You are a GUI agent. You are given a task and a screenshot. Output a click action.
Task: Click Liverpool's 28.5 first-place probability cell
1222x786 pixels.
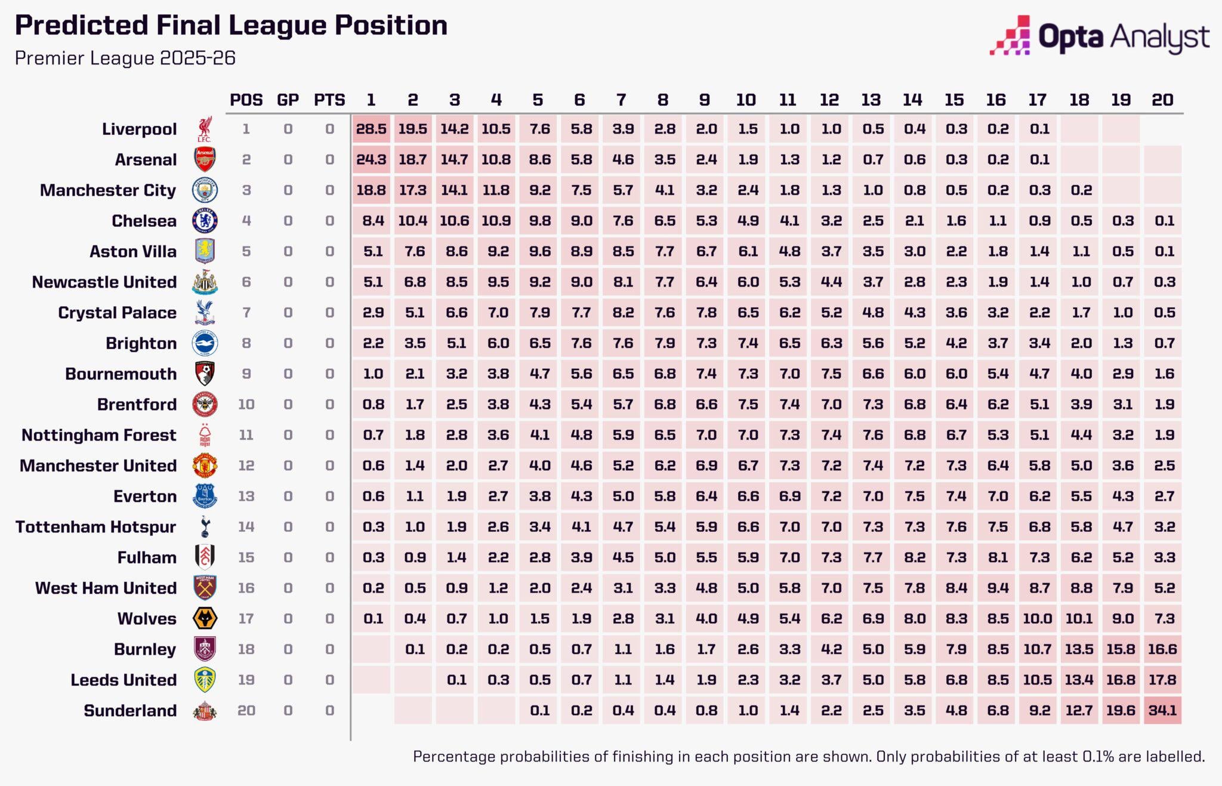click(x=371, y=129)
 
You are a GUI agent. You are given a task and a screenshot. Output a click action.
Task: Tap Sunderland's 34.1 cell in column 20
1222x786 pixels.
click(x=1162, y=710)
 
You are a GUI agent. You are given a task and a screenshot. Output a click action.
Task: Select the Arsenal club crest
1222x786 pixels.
click(x=205, y=159)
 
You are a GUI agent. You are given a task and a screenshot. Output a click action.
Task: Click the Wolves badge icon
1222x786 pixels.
click(x=205, y=618)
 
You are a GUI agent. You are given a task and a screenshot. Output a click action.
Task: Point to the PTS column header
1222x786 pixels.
click(x=329, y=100)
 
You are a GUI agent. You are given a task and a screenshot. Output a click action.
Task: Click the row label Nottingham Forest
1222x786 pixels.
click(x=99, y=435)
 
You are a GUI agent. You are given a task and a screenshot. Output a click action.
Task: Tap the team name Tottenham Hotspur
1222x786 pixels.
click(x=96, y=527)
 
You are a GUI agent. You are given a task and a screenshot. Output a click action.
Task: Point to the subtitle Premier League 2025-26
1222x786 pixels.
click(x=125, y=58)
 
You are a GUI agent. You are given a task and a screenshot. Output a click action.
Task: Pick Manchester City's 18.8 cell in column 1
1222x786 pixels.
click(x=371, y=190)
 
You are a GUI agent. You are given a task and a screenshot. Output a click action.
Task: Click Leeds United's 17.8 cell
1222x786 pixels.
click(x=1162, y=680)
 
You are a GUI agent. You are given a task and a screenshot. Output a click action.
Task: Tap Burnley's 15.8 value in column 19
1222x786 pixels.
click(x=1121, y=649)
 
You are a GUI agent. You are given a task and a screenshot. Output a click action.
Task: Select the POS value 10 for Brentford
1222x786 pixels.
click(x=246, y=404)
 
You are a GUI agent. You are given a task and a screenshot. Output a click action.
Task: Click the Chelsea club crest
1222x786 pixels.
click(x=205, y=221)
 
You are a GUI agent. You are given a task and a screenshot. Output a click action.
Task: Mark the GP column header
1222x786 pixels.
click(x=288, y=100)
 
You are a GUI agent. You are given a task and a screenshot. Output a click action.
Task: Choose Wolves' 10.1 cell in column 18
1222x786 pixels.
click(x=1079, y=618)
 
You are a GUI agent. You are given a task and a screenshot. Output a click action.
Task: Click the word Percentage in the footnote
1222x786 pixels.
click(x=453, y=757)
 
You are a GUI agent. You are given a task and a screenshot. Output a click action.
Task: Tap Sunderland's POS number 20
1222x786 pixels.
click(x=246, y=710)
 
